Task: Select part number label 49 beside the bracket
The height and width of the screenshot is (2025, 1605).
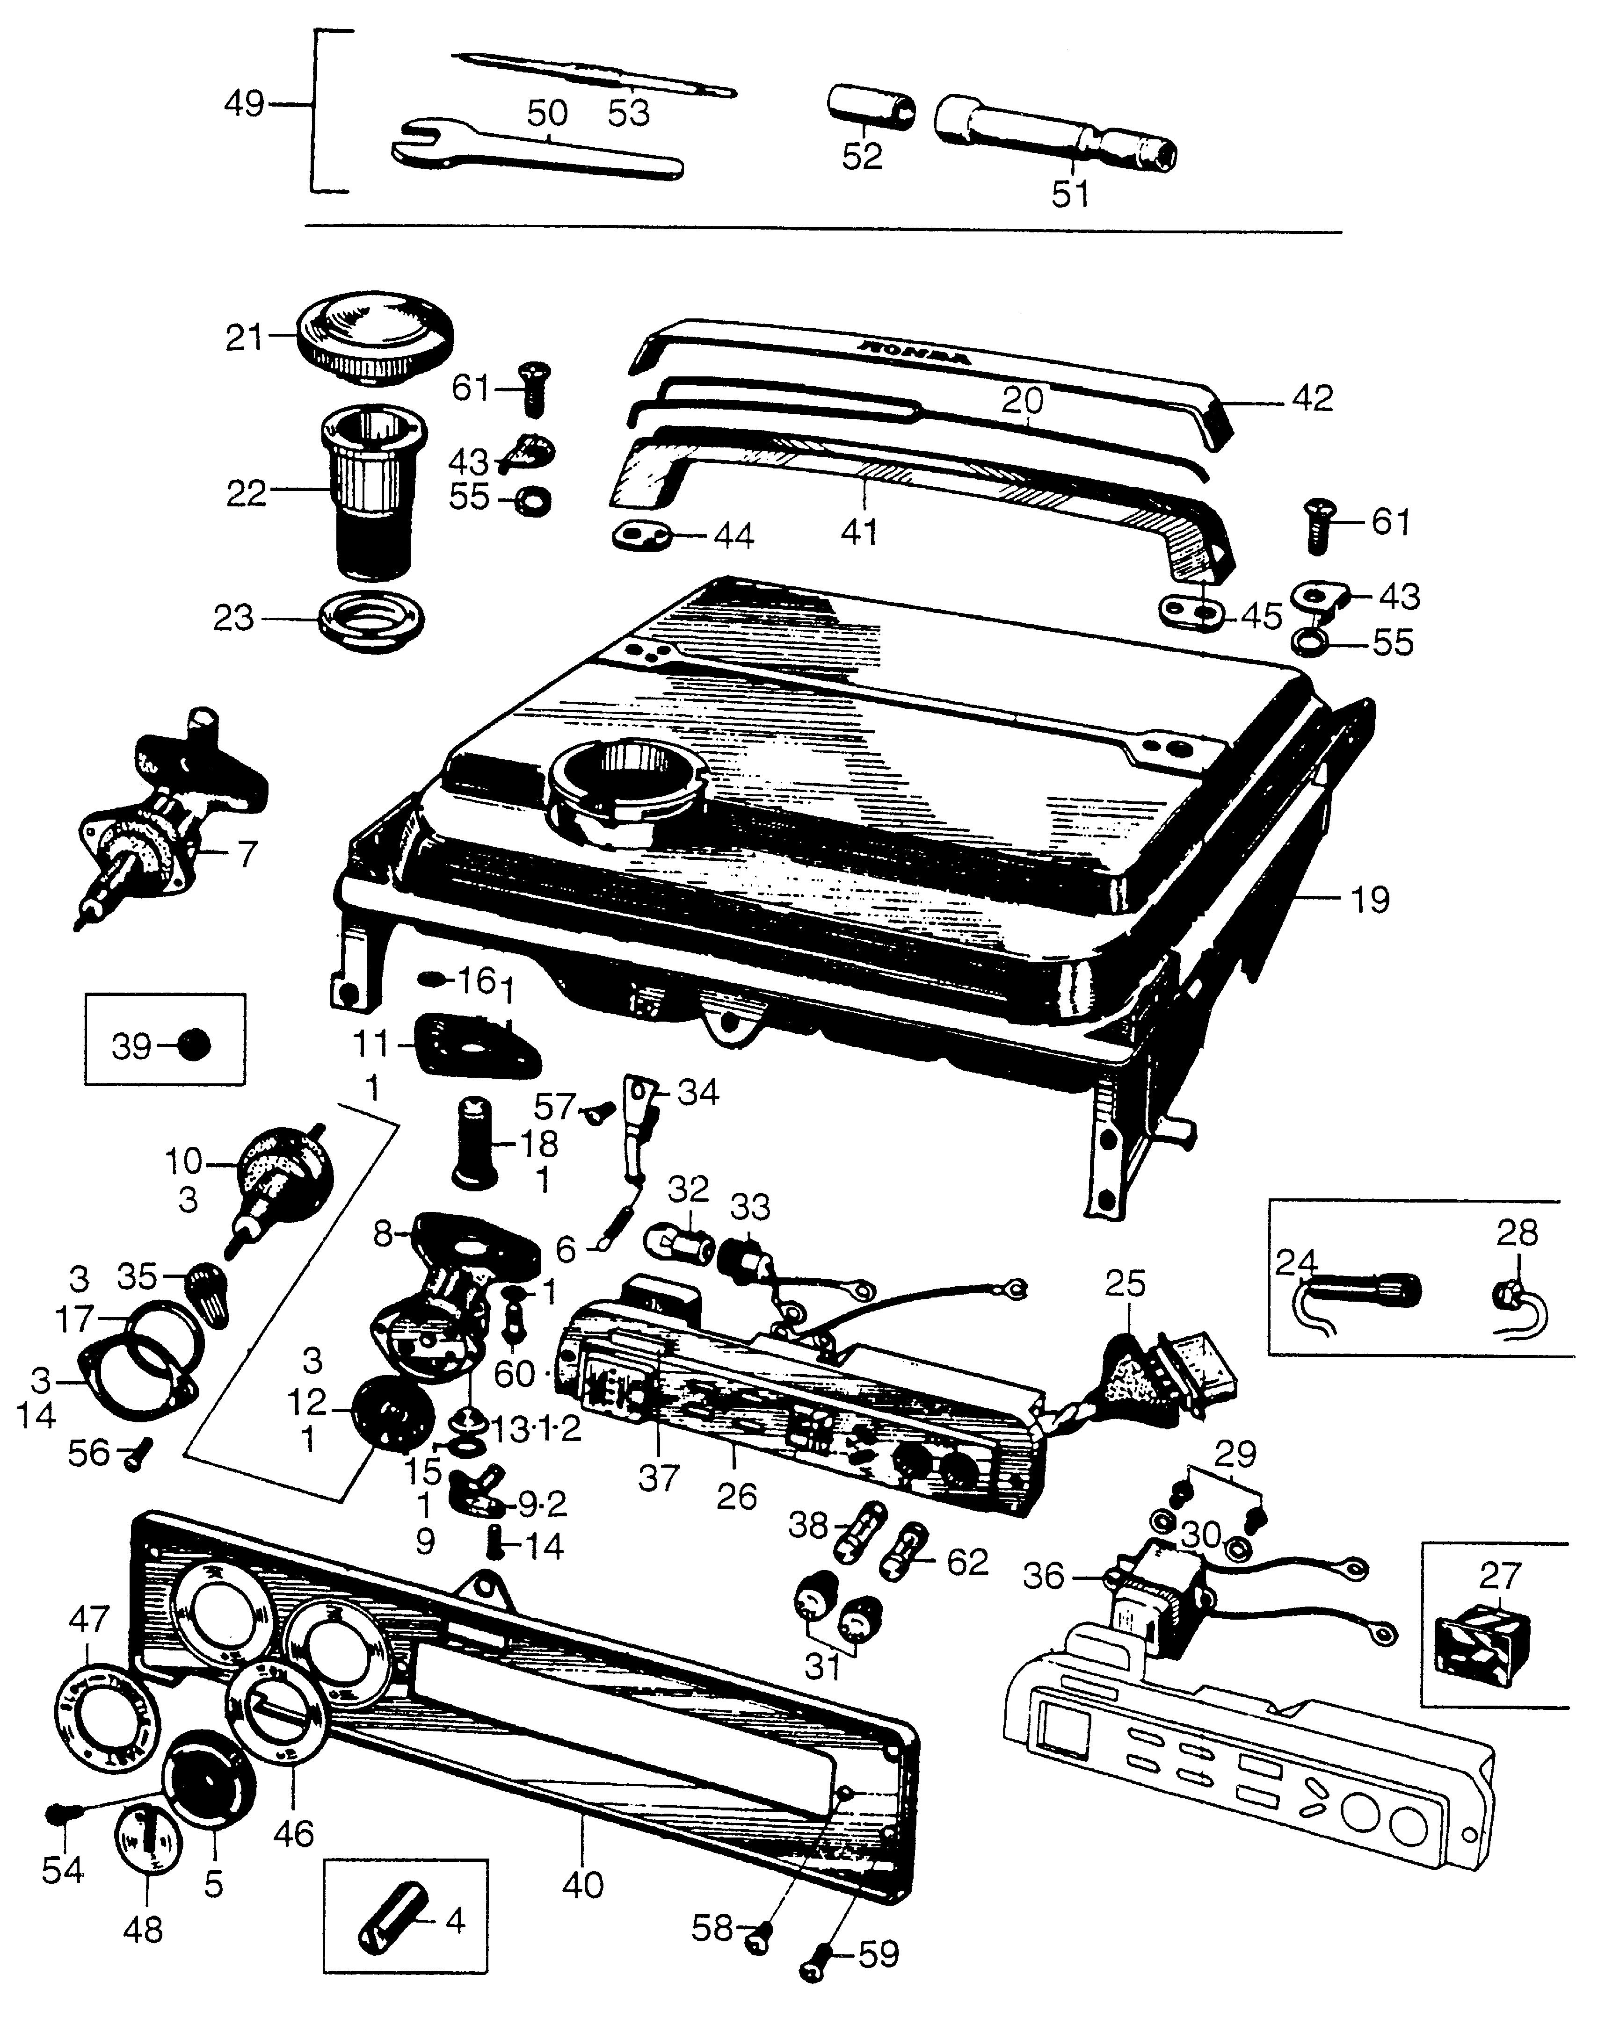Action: tap(244, 104)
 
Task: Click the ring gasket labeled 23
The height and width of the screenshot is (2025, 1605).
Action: tap(370, 620)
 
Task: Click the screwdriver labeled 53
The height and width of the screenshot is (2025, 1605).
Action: tap(592, 77)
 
